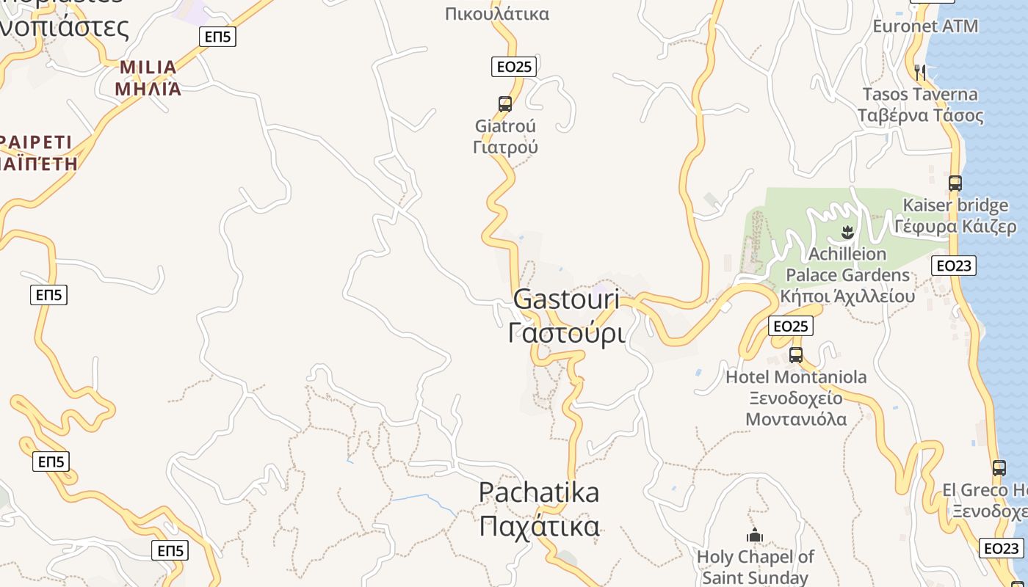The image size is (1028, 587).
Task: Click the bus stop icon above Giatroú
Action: point(505,104)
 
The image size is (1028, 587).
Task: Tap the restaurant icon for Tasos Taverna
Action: point(920,72)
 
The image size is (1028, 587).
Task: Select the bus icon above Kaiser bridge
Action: point(955,183)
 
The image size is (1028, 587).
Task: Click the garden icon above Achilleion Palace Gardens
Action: point(847,234)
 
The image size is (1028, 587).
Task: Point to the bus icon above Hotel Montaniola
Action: point(796,356)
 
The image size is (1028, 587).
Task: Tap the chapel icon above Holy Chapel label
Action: point(755,536)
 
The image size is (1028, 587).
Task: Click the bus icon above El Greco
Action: point(999,468)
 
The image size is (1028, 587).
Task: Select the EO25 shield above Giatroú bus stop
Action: point(514,67)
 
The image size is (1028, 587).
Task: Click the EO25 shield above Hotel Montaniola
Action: point(791,326)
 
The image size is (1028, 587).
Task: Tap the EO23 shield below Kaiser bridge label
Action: point(954,265)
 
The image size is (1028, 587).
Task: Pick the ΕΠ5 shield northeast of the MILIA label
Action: point(218,37)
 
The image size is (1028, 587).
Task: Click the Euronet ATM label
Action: point(925,26)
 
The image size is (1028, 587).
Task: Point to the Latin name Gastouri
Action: point(566,299)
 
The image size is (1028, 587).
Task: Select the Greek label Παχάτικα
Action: point(539,526)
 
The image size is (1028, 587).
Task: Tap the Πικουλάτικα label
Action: point(497,13)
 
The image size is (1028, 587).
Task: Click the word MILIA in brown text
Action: point(148,68)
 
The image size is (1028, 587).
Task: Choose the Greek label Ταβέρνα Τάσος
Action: point(921,115)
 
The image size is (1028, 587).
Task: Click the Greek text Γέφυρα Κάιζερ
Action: point(955,227)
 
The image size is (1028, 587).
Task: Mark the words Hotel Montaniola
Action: point(796,377)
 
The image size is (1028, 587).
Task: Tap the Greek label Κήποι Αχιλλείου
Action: point(847,296)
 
